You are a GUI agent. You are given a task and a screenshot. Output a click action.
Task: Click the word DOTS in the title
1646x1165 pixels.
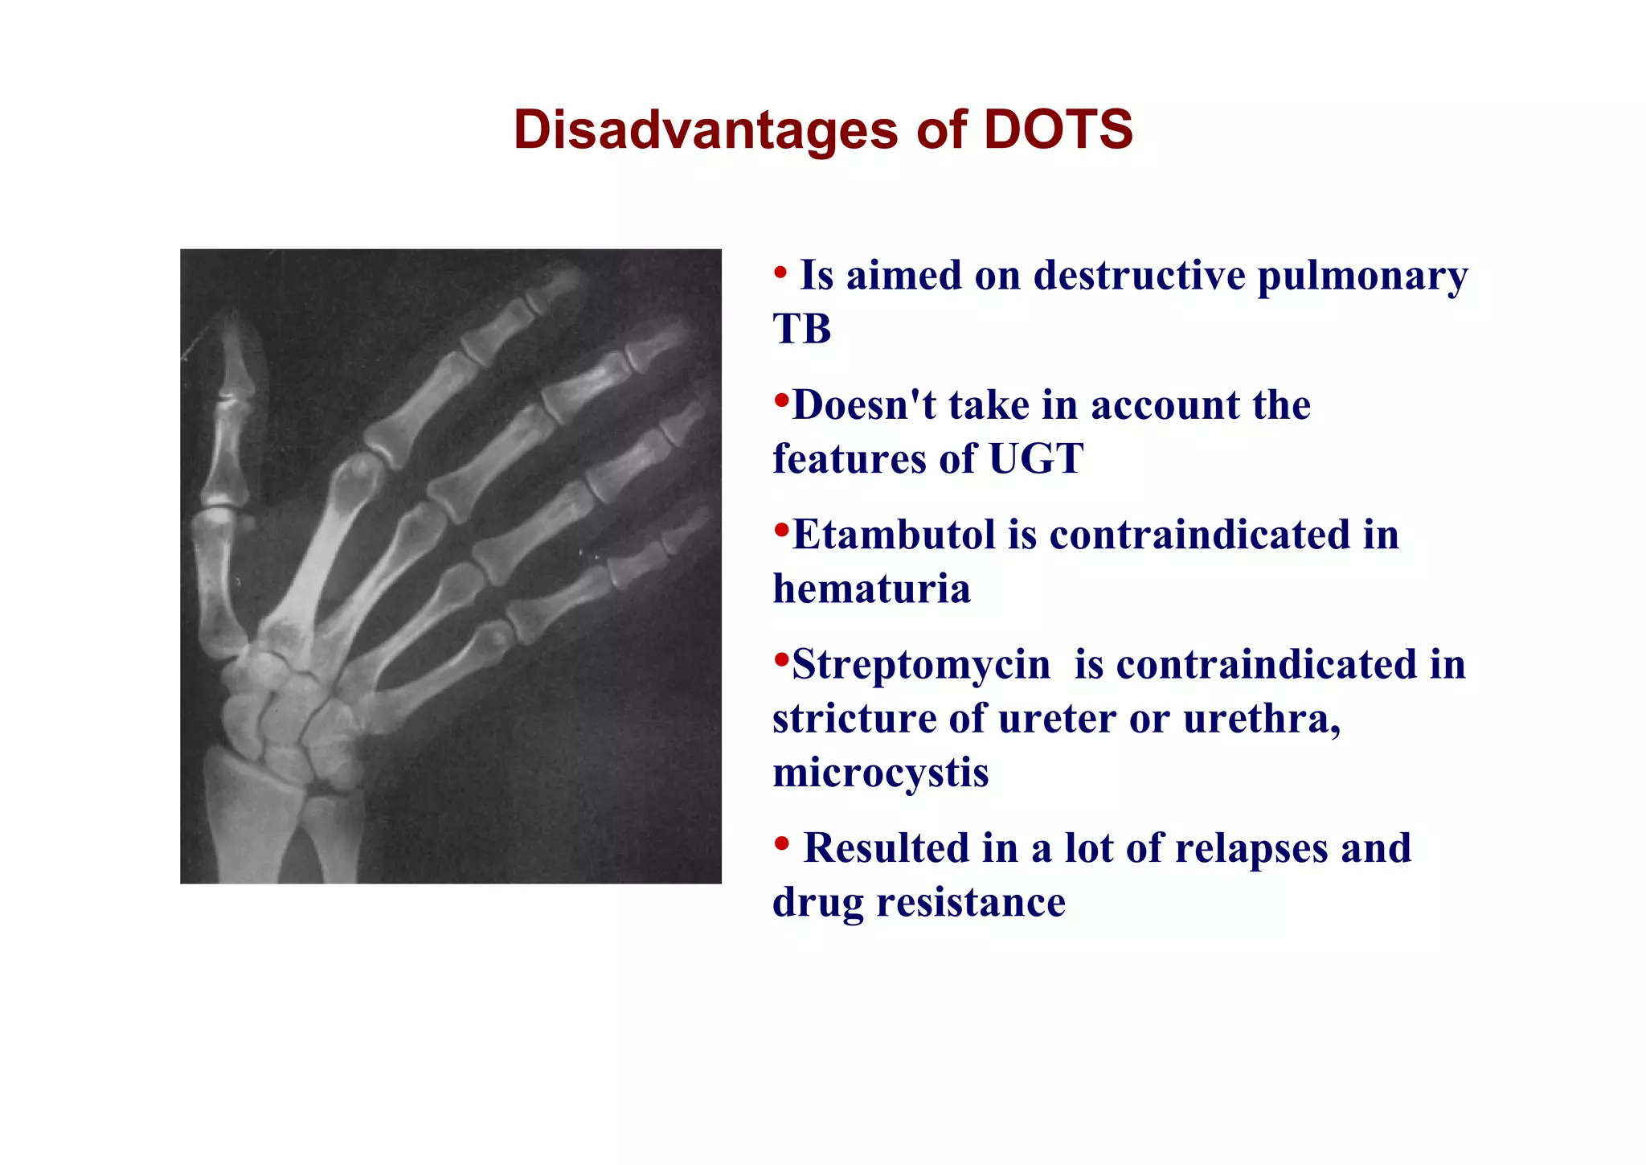1058,129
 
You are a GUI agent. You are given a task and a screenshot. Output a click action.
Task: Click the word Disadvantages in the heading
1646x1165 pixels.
705,129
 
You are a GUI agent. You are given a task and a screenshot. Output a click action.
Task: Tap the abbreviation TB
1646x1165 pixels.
801,329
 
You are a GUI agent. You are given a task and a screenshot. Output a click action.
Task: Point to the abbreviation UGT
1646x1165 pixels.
1036,459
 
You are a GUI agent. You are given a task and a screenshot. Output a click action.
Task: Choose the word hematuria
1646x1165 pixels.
871,589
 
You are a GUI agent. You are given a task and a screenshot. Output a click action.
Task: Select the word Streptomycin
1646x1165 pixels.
921,665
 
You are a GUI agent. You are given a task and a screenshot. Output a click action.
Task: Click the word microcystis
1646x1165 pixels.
880,773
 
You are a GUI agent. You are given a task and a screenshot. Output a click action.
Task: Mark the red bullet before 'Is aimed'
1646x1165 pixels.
780,273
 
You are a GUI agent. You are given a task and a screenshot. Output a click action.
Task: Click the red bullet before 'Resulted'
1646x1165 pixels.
780,844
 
